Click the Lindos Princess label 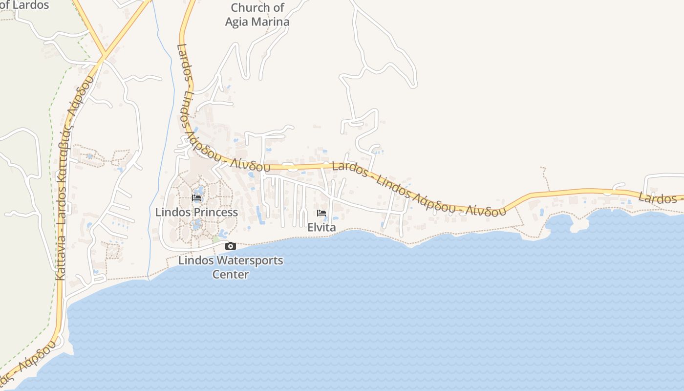pyautogui.click(x=196, y=212)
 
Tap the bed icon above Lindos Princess pyautogui.click(x=196, y=198)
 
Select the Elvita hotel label pyautogui.click(x=321, y=227)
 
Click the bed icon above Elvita pyautogui.click(x=321, y=213)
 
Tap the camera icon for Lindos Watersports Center pyautogui.click(x=230, y=246)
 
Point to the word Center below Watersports pyautogui.click(x=230, y=274)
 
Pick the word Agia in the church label pyautogui.click(x=236, y=22)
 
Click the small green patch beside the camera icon pyautogui.click(x=215, y=239)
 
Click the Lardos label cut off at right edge pyautogui.click(x=657, y=198)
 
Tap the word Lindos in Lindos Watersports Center pyautogui.click(x=195, y=260)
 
